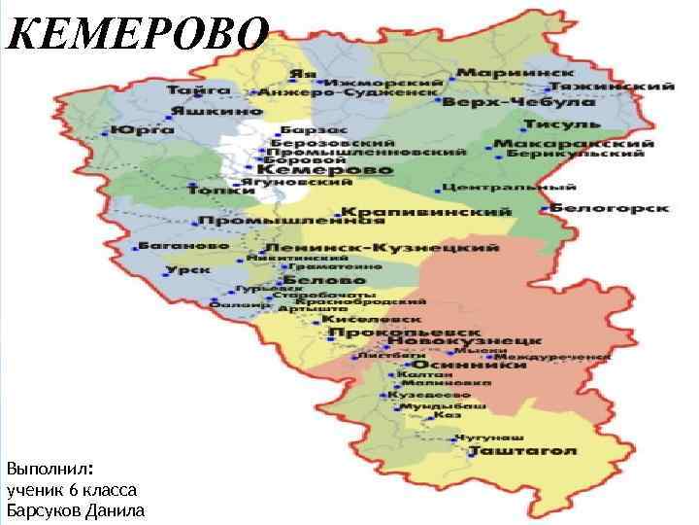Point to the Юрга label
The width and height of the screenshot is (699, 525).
point(136,128)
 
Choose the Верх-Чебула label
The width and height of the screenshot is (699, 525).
point(520,102)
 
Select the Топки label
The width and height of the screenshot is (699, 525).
point(215,191)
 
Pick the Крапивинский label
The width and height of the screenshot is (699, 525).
point(427,212)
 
